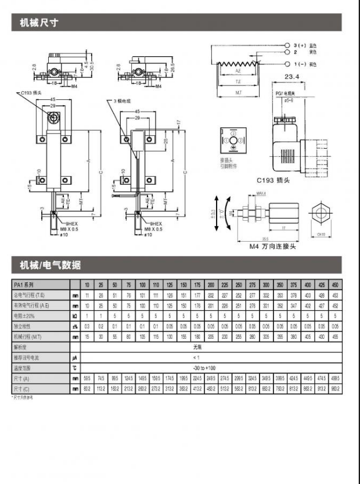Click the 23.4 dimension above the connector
[x=292, y=77]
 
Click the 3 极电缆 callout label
[x=124, y=101]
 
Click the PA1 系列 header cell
[x=26, y=285]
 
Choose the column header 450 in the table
[x=335, y=285]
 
